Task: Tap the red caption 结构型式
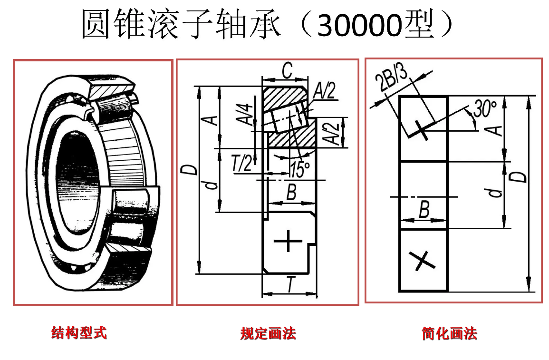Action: click(79, 333)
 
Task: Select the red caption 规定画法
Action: click(268, 333)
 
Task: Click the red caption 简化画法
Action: click(449, 333)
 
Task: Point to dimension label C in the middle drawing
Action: click(287, 71)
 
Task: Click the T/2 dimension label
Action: click(242, 165)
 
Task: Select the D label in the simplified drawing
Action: click(521, 176)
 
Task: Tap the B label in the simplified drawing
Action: click(424, 209)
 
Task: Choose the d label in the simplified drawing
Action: click(496, 192)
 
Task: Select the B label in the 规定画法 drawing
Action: click(291, 193)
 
